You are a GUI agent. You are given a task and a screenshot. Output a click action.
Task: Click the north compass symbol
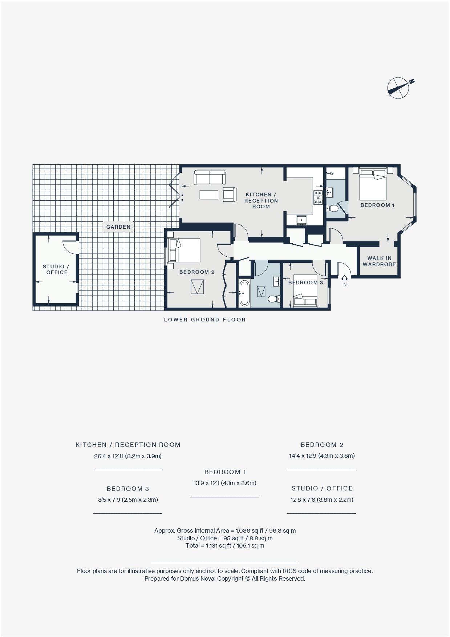coord(399,88)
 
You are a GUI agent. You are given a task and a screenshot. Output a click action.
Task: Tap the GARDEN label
coord(118,227)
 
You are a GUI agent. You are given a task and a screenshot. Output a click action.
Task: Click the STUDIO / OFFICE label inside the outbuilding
coord(57,269)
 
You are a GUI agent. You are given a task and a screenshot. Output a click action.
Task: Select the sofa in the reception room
coord(210,177)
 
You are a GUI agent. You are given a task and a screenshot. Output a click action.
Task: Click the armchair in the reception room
coord(230,194)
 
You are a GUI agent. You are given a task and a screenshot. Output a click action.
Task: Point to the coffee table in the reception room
coord(209,195)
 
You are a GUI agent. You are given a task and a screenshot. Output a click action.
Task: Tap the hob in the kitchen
coord(318,197)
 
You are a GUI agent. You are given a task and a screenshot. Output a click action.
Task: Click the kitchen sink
coord(301,220)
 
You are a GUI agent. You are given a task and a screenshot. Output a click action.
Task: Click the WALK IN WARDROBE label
coord(379,261)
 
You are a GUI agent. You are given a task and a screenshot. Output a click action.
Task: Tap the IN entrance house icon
coord(344,278)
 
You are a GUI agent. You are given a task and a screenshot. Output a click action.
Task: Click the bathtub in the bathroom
coord(244,293)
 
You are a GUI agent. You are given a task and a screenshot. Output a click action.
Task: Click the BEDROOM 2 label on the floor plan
coord(196,272)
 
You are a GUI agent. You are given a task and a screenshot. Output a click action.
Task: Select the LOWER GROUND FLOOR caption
coord(205,320)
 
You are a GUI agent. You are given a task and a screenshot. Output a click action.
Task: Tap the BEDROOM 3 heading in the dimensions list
coord(127,489)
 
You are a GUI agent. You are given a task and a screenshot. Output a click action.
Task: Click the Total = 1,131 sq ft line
coord(225,545)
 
